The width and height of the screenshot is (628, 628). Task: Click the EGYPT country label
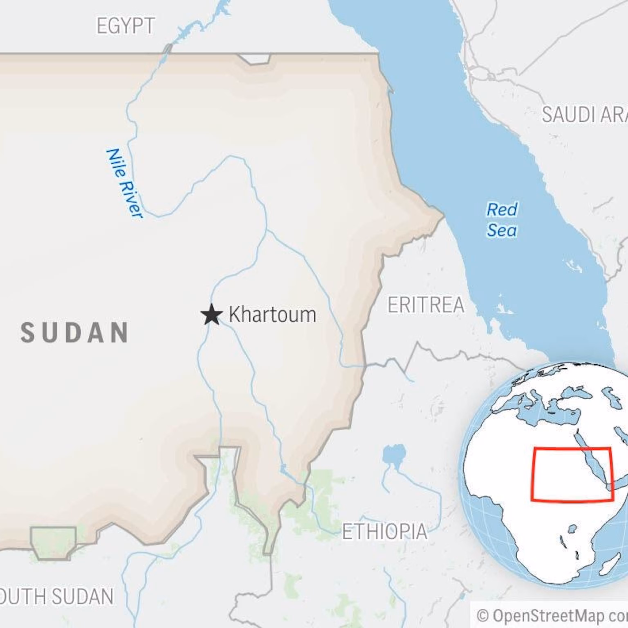coord(126,26)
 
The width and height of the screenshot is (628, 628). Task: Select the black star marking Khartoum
coord(212,315)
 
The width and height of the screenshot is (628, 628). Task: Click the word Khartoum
coord(272,315)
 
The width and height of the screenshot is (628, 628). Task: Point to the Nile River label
coord(124,183)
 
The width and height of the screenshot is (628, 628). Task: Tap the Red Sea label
coord(501,220)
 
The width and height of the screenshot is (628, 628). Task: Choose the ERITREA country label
coord(426,305)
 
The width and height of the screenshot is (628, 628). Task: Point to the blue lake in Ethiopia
coord(394,455)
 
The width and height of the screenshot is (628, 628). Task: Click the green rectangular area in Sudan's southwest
coord(54,542)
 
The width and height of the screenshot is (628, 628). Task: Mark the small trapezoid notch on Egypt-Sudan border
coord(255,59)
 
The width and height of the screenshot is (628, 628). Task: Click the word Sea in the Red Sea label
coord(501,230)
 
